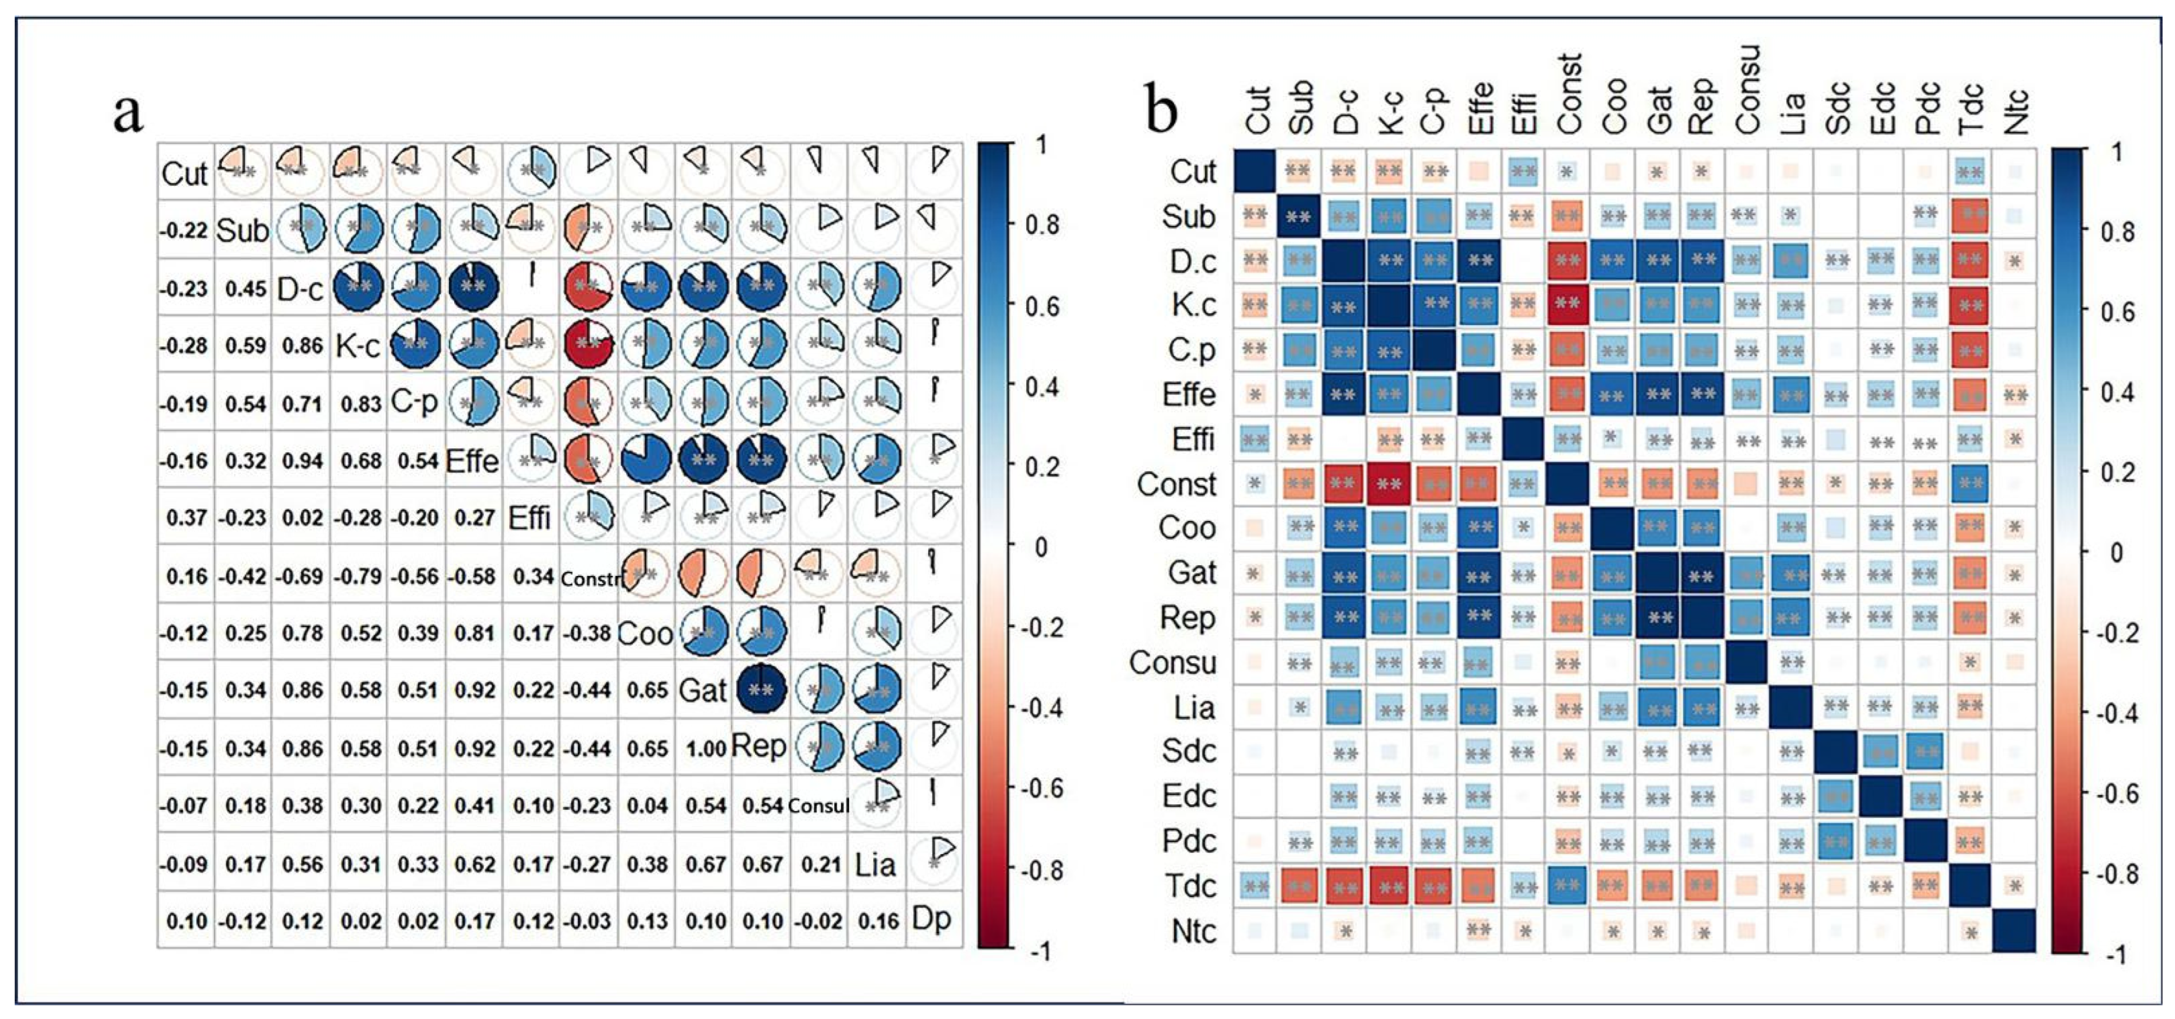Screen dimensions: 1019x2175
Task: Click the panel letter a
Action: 128,114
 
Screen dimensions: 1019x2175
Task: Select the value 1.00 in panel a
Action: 705,748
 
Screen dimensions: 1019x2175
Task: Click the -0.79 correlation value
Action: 361,576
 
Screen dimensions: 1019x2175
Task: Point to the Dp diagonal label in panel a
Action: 932,918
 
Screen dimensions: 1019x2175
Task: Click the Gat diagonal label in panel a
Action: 703,690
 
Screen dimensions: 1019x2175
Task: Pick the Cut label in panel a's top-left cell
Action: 184,174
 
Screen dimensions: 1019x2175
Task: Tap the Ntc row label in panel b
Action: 1193,931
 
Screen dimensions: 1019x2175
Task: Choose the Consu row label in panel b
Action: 1173,663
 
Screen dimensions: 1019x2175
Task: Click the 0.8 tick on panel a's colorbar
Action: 1042,225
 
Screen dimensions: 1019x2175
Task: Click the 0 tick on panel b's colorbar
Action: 2116,552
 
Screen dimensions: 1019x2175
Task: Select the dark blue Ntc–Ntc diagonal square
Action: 2014,930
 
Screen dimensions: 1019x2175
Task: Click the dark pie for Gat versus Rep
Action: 761,690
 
